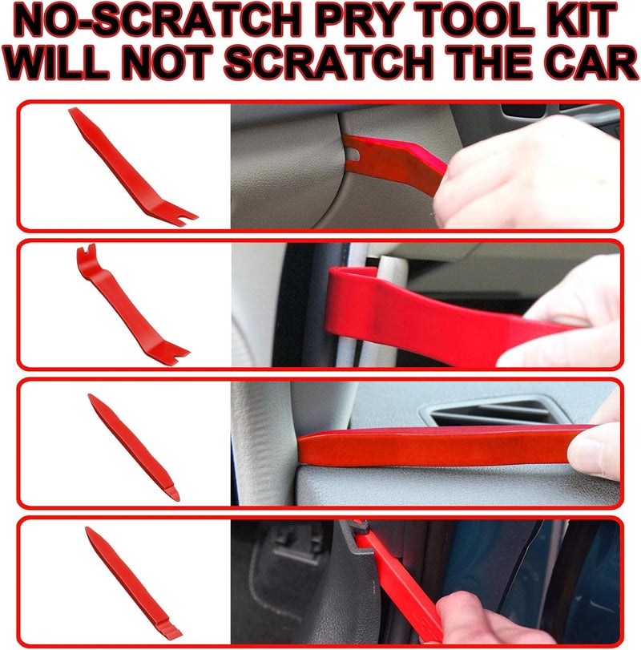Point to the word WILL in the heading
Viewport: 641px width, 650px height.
[57, 63]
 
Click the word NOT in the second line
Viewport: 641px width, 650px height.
[167, 63]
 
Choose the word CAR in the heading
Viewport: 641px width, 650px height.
[591, 63]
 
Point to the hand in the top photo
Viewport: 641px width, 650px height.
[526, 173]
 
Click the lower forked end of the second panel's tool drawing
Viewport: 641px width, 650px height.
[176, 353]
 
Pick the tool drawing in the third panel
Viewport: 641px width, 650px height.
[134, 447]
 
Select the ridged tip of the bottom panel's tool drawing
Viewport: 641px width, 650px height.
[171, 629]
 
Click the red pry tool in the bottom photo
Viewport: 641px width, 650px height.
[396, 579]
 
